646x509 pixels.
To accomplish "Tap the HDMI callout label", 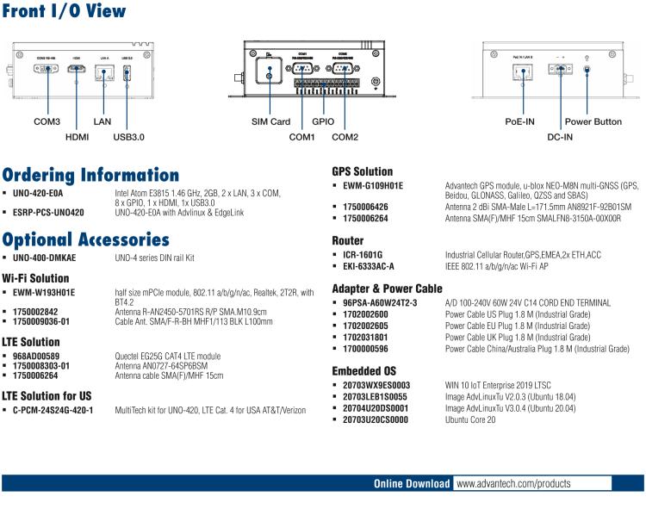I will click(78, 136).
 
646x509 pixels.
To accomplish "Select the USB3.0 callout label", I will click(129, 136).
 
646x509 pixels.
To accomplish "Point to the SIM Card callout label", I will click(270, 122).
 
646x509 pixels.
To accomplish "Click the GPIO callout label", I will click(323, 122).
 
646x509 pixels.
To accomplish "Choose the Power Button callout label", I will click(593, 122).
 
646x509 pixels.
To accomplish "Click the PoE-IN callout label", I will click(519, 122).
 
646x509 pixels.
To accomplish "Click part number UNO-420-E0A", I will click(39, 193).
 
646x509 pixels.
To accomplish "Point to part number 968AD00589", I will click(35, 356).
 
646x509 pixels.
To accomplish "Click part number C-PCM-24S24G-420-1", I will click(53, 410).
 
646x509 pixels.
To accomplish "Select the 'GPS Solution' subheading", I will click(363, 171).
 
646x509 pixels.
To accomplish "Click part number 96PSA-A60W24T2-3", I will click(380, 303).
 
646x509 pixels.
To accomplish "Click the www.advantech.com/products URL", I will click(513, 484).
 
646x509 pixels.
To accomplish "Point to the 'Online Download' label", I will click(412, 484).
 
